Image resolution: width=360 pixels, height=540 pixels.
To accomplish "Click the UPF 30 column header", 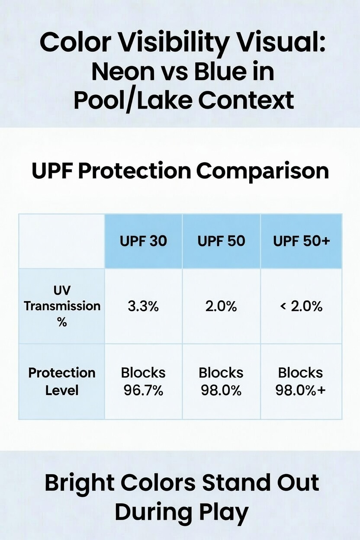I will point(143,241).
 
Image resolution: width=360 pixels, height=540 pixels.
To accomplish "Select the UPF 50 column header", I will point(221,241).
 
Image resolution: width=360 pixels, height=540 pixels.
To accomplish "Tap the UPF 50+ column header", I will point(301,241).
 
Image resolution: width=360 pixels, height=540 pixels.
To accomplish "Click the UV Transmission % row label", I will point(62,306).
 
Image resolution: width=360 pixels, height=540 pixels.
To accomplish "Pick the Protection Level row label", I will point(62,381).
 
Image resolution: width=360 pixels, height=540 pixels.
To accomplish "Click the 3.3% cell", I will point(143,306).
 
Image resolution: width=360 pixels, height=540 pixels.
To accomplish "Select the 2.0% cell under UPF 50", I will point(221,306).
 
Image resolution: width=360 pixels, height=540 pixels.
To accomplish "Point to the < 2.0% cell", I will point(301,306).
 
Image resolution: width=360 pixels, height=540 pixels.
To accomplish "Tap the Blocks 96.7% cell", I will point(143,381).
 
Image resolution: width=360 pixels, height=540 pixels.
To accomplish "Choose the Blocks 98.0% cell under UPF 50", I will point(221,381).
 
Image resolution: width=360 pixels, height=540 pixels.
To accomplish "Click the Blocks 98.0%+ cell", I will point(301,381).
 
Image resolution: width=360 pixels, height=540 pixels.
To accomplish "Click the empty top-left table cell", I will point(62,241).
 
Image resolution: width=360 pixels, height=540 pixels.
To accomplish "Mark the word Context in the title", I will point(246,100).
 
